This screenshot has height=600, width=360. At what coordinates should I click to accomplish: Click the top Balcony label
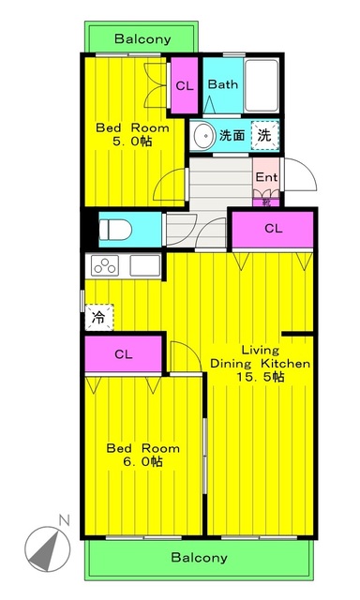(x=142, y=39)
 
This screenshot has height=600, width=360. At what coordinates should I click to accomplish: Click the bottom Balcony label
(x=199, y=557)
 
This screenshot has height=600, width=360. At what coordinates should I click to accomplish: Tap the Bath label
(x=223, y=84)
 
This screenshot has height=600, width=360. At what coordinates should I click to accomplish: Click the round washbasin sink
(x=202, y=136)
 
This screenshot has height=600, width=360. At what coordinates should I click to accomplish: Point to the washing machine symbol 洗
(x=265, y=135)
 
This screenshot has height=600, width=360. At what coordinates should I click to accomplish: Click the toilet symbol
(x=116, y=229)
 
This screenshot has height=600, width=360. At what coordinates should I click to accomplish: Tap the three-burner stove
(x=105, y=265)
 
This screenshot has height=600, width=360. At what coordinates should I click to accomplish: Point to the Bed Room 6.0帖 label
(x=142, y=455)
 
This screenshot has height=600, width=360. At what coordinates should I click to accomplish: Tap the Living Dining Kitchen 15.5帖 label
(x=260, y=362)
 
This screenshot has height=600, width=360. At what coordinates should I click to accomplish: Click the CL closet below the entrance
(x=272, y=228)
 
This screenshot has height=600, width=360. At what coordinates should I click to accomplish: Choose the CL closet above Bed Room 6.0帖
(x=124, y=353)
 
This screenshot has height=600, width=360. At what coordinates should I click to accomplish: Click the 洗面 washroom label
(x=232, y=136)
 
